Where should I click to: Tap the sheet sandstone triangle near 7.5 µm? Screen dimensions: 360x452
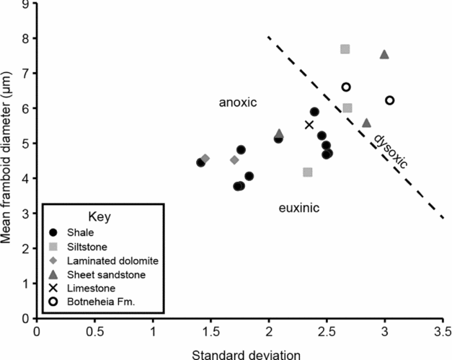pos(384,55)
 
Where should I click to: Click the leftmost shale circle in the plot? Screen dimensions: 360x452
pos(200,162)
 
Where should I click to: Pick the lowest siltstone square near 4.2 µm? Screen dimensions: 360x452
pos(308,172)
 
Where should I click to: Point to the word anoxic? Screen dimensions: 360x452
pos(238,103)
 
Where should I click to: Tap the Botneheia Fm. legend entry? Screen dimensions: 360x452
pos(99,300)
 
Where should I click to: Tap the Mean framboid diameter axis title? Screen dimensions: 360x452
pos(8,159)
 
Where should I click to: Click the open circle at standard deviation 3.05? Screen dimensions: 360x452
pos(390,100)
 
